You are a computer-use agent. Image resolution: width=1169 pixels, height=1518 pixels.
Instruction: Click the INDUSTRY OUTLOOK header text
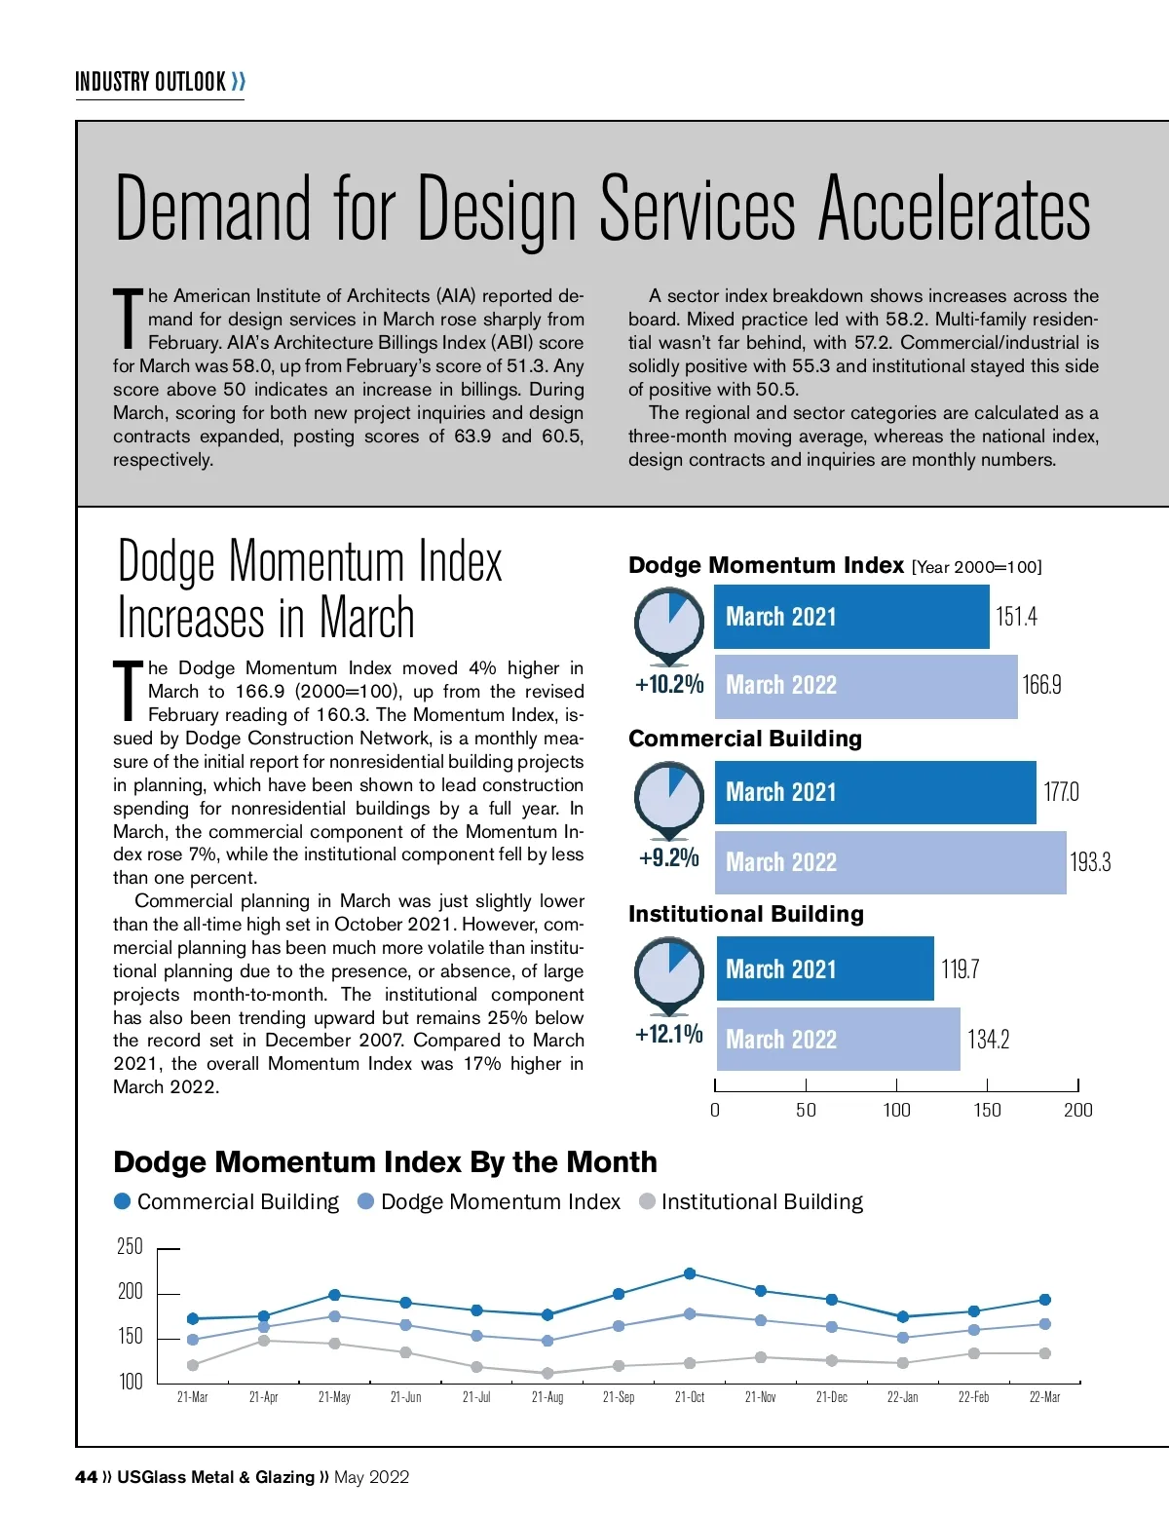click(151, 82)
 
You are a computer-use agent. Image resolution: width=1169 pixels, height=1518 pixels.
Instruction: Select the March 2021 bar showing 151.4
click(850, 617)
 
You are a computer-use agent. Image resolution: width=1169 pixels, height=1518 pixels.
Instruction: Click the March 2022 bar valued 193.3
click(889, 862)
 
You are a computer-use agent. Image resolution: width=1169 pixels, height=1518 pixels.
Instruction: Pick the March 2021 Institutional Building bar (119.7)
click(824, 968)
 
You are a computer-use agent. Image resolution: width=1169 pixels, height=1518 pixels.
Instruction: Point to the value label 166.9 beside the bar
click(1041, 685)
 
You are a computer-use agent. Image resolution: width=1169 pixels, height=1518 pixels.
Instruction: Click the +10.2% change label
click(669, 684)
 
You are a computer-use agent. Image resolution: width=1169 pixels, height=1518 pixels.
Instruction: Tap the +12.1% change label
click(669, 1034)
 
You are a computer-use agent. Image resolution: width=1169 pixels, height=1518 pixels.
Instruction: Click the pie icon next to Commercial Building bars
click(669, 796)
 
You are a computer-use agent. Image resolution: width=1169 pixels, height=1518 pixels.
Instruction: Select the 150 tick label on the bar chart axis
click(987, 1110)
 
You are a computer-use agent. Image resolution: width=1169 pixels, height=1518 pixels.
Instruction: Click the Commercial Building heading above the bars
click(745, 739)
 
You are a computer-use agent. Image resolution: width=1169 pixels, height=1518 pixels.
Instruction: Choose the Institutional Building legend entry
click(761, 1202)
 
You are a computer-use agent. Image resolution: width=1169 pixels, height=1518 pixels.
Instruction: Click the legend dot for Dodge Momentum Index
click(366, 1201)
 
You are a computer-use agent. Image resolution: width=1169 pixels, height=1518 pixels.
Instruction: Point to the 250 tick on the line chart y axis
click(130, 1247)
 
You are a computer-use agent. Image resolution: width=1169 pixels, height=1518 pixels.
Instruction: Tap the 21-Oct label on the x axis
click(690, 1397)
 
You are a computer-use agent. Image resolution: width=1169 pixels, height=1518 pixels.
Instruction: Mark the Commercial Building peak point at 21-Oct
click(690, 1273)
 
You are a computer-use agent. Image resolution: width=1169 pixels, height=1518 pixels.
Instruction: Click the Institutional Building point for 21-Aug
click(547, 1373)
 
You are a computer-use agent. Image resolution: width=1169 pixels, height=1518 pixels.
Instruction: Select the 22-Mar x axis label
click(1044, 1397)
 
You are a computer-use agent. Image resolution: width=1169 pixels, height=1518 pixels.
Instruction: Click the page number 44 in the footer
click(86, 1477)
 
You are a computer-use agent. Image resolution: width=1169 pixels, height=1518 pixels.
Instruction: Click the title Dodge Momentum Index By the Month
click(385, 1162)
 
